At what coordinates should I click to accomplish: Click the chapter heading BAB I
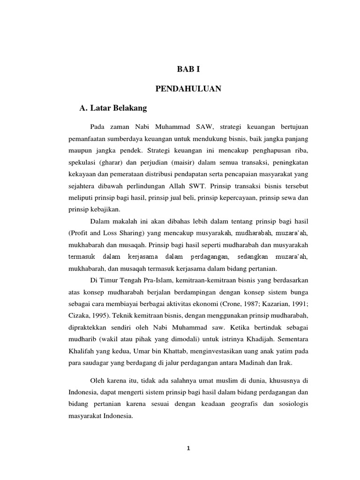tap(188, 70)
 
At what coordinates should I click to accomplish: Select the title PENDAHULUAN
tap(188, 89)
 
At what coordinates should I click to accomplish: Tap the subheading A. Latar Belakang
tap(113, 108)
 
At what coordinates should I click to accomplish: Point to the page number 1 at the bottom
tap(188, 448)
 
